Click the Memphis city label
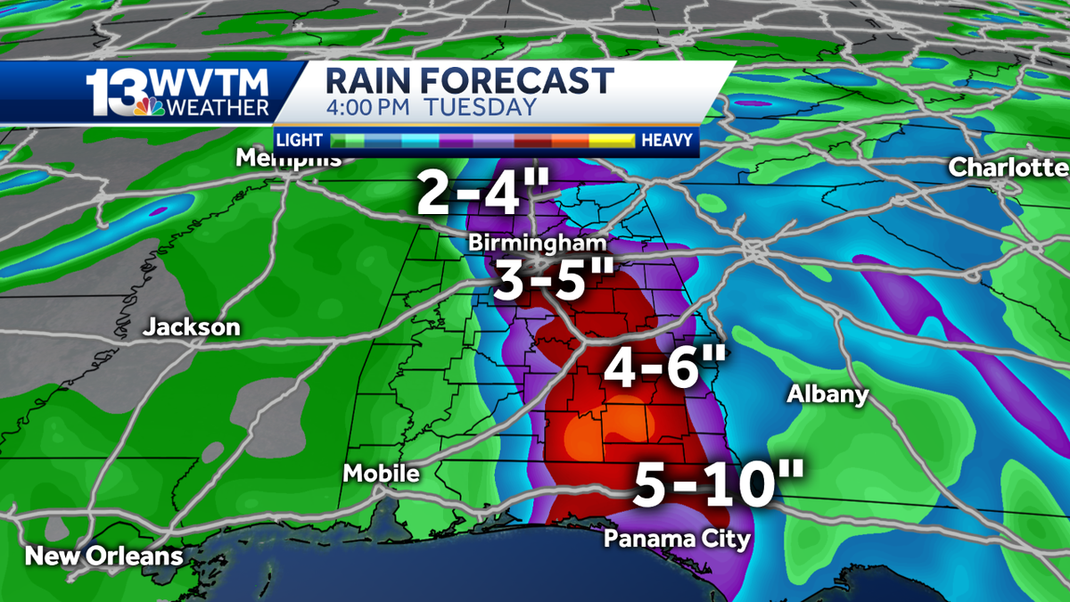point(289,159)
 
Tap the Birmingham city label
point(538,243)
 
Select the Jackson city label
point(192,327)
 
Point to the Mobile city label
point(382,474)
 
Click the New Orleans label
point(103,557)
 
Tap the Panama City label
point(677,539)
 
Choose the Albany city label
point(827,394)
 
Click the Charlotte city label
point(1008,167)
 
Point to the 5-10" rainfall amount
point(719,484)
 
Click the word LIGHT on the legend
point(300,140)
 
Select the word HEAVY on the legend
point(667,140)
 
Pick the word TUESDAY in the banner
point(480,108)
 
